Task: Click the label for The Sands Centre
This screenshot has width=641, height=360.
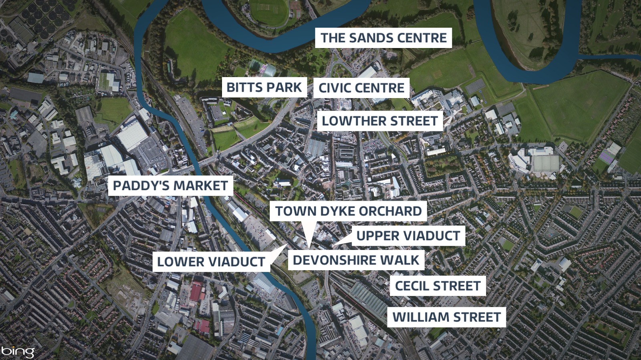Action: [x=383, y=38]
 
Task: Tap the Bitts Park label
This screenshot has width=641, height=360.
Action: [x=264, y=87]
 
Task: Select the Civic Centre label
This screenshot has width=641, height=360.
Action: [x=361, y=88]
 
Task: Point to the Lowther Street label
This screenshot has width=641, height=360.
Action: [x=380, y=121]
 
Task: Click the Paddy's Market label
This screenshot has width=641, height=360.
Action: [x=170, y=186]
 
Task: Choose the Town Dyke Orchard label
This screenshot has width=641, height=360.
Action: [x=348, y=211]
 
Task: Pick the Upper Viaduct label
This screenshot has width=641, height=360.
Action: [x=408, y=236]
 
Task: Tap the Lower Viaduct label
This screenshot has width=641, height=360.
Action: [x=211, y=262]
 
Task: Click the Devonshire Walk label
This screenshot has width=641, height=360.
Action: [x=356, y=260]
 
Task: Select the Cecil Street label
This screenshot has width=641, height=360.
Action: [x=437, y=286]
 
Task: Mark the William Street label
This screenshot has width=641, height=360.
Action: [x=446, y=317]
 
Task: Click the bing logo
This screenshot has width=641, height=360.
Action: [x=18, y=352]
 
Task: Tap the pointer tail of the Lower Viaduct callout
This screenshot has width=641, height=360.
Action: [x=286, y=245]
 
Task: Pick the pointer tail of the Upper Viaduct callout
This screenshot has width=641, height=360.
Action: [x=333, y=245]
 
